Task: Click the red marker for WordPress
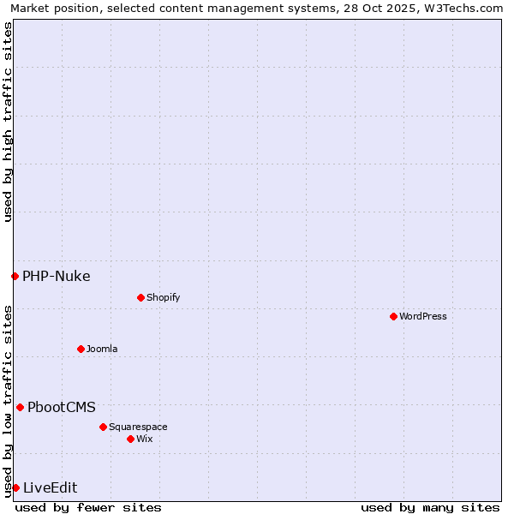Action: click(x=393, y=316)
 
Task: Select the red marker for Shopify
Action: click(x=140, y=297)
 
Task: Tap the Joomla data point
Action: click(x=81, y=349)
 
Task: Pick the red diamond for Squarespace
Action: click(x=103, y=427)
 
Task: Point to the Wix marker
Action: click(x=130, y=439)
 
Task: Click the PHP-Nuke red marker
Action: click(x=15, y=276)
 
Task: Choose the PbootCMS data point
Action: click(x=20, y=407)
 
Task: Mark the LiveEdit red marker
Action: click(x=15, y=487)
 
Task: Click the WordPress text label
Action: click(x=422, y=316)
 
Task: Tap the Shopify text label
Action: click(x=163, y=297)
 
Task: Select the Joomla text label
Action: click(x=102, y=349)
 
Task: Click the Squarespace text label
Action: click(x=138, y=427)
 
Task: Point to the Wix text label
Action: click(x=144, y=439)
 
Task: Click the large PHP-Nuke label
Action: click(x=56, y=276)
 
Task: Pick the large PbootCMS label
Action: click(x=61, y=407)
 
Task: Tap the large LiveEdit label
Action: click(x=50, y=487)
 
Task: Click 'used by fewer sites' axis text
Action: click(x=88, y=507)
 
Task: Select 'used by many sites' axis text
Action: click(x=430, y=507)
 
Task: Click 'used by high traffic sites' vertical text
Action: click(x=8, y=122)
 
